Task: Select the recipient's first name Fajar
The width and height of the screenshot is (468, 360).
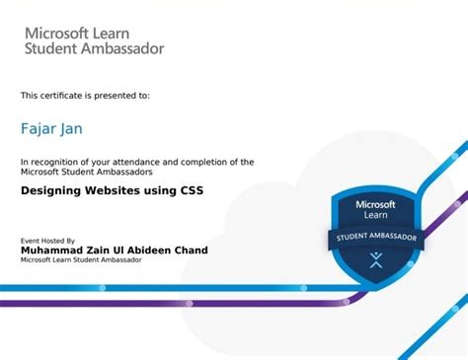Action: coord(36,127)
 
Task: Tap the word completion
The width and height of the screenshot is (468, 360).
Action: coord(202,162)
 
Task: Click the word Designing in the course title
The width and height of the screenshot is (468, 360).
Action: coord(52,190)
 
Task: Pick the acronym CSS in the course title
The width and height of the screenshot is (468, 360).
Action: coord(188,190)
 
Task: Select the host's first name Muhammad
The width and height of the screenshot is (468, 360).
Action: coord(55,251)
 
